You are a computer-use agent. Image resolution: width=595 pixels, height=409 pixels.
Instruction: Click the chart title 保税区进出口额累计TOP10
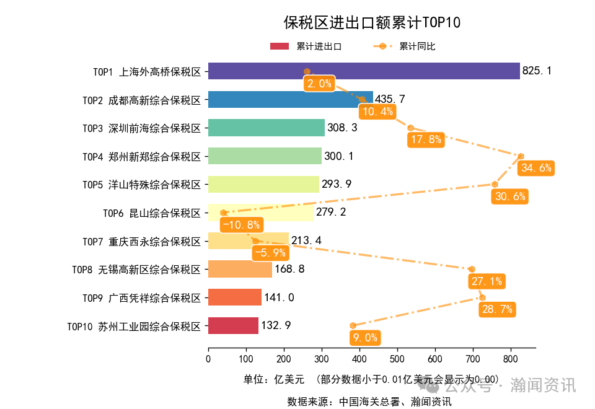pyautogui.click(x=371, y=23)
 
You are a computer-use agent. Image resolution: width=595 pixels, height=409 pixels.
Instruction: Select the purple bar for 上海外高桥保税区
pyautogui.click(x=363, y=71)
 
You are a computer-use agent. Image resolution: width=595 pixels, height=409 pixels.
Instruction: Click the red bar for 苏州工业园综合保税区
pyautogui.click(x=232, y=325)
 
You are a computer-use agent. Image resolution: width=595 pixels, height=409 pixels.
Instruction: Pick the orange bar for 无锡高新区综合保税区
pyautogui.click(x=239, y=269)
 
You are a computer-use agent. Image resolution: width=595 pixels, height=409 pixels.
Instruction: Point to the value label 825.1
pyautogui.click(x=537, y=71)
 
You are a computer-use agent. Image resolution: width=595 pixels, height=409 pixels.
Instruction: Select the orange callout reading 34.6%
pyautogui.click(x=537, y=168)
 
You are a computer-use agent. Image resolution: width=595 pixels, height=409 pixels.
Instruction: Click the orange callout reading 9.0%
pyautogui.click(x=364, y=338)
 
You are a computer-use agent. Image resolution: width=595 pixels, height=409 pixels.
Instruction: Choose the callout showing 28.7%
pyautogui.click(x=497, y=309)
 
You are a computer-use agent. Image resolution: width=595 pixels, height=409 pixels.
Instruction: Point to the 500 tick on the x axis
pyautogui.click(x=397, y=358)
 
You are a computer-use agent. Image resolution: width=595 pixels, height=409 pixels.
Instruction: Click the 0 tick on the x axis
pyautogui.click(x=208, y=358)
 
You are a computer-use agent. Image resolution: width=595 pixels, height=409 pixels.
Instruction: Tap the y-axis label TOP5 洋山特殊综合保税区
pyautogui.click(x=142, y=185)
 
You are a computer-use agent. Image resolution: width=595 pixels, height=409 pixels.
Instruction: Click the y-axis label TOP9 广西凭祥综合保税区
pyautogui.click(x=142, y=297)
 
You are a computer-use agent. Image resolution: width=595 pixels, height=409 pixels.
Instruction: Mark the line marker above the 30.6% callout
pyautogui.click(x=495, y=184)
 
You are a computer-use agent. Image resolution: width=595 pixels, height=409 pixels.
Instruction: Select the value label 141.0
pyautogui.click(x=279, y=297)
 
